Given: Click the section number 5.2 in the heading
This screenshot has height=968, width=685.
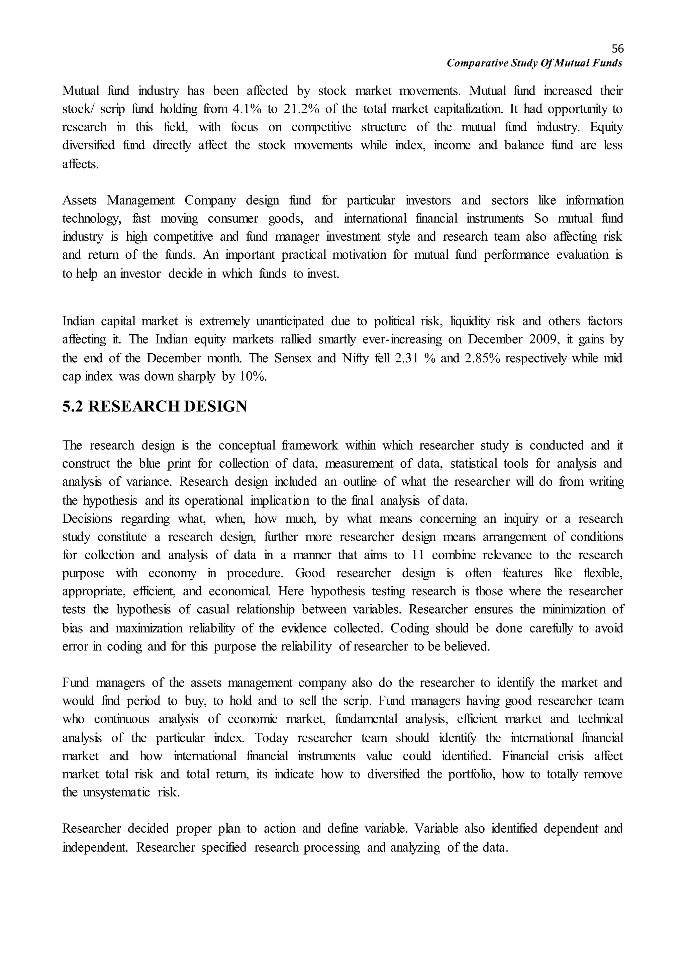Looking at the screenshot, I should pyautogui.click(x=73, y=407).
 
